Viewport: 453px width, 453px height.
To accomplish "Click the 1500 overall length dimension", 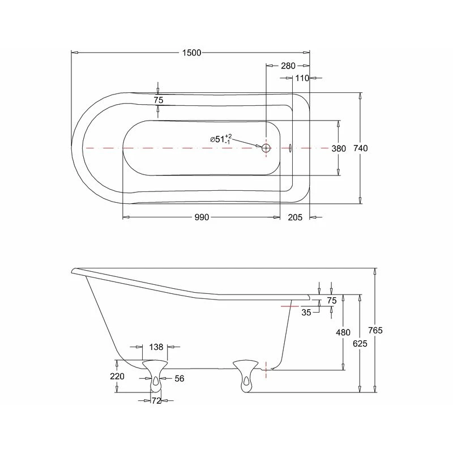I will pos(192,53).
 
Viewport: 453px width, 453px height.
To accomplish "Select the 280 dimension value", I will pos(288,66).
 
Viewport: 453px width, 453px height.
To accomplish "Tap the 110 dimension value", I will pos(302,78).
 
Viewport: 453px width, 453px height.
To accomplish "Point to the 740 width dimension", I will pos(361,148).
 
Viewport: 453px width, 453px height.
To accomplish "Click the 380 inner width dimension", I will pos(339,148).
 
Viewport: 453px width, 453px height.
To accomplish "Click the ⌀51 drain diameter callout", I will pos(221,139).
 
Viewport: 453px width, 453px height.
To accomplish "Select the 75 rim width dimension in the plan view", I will pos(159,100).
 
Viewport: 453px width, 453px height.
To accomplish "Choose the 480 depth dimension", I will pos(343,333).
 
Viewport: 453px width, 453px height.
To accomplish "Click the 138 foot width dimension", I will pos(156,347).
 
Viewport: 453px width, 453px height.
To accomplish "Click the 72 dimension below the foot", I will pos(156,401).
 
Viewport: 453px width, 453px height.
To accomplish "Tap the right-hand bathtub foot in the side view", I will pos(246,374).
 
